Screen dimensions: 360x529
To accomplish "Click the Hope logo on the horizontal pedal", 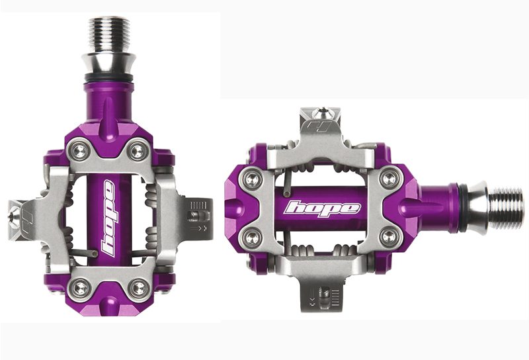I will click(x=322, y=208).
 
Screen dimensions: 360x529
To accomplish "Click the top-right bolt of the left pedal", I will click(x=137, y=150).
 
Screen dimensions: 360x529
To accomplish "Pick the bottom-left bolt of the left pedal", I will click(x=79, y=287).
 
